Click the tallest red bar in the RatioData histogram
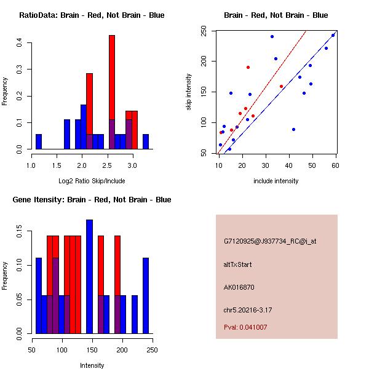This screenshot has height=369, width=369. click(x=112, y=92)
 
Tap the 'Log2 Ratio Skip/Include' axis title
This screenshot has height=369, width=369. click(x=92, y=181)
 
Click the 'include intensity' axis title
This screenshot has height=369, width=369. click(x=276, y=181)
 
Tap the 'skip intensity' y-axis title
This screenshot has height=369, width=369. click(x=189, y=92)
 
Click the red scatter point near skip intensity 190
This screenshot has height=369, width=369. click(x=248, y=67)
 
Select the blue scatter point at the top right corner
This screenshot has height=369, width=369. click(x=333, y=35)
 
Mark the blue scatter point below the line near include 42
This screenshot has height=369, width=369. click(x=293, y=129)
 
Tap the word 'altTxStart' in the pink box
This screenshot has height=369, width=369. click(x=238, y=264)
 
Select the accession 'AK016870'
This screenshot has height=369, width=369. click(x=239, y=287)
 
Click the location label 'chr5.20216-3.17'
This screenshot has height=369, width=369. click(x=247, y=309)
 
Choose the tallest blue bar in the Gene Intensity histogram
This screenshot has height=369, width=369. click(x=89, y=277)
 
